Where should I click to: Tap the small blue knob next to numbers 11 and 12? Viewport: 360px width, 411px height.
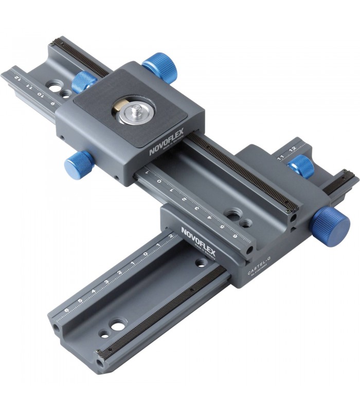[x=301, y=166]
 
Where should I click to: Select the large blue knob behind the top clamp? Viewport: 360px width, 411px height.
[x=159, y=67]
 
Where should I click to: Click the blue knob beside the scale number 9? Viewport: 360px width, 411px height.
[x=84, y=83]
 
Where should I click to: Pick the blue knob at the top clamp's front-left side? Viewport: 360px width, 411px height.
[x=77, y=165]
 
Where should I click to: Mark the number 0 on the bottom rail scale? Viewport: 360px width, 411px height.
[x=146, y=255]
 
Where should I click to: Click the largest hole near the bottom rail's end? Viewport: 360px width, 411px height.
[x=118, y=325]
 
